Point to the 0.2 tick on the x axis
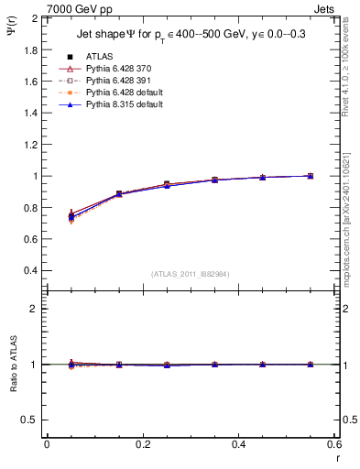(x=142, y=444)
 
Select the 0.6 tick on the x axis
(x=334, y=444)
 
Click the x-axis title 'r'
(x=337, y=458)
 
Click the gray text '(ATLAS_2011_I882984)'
(x=191, y=274)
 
